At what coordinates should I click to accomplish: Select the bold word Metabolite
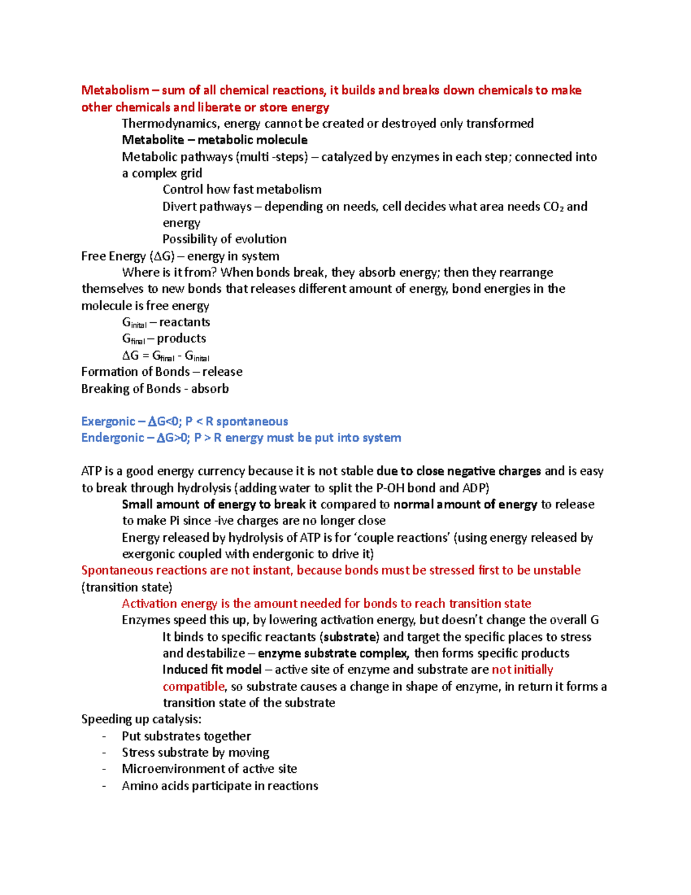pyautogui.click(x=153, y=140)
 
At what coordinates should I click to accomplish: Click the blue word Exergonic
pyautogui.click(x=108, y=421)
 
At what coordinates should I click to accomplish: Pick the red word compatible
pyautogui.click(x=193, y=687)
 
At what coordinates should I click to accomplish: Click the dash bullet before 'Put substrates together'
pyautogui.click(x=104, y=737)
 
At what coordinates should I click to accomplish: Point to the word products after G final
pyautogui.click(x=181, y=339)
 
